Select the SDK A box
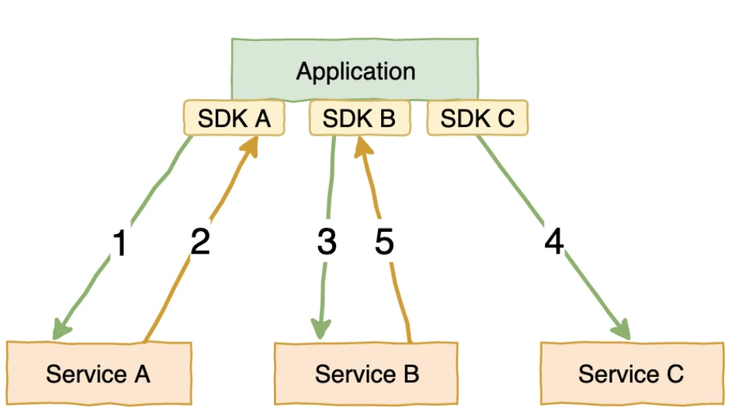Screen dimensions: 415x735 coord(234,119)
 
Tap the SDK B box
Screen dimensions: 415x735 coord(359,119)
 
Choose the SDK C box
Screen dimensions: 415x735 coord(477,119)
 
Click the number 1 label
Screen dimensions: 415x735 coord(119,244)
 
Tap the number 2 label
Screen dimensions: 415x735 coord(200,243)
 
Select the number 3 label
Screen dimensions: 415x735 coord(327,243)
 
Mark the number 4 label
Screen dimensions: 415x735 coord(553,243)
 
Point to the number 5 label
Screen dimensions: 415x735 coord(384,243)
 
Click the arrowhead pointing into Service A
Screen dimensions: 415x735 coord(60,329)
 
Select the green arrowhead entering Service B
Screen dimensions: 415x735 coord(320,328)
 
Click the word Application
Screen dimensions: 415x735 coord(355,72)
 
